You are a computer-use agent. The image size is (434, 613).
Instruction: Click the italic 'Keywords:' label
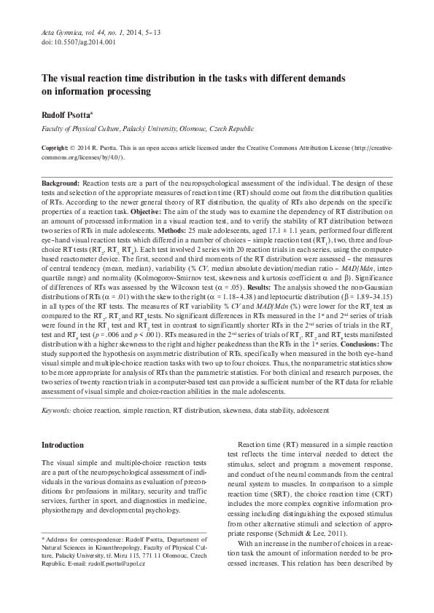pyautogui.click(x=55, y=412)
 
